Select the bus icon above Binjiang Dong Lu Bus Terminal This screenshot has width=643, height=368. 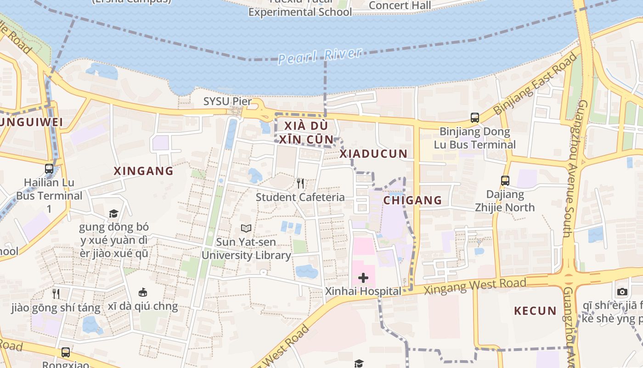coord(475,118)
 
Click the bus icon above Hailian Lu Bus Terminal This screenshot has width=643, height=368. coord(49,169)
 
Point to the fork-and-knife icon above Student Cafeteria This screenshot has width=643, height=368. coord(300,184)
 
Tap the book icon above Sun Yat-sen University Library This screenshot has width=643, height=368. coord(246,228)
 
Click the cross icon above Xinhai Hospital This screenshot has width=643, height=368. coord(363,278)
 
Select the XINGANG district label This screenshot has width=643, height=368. coord(144,171)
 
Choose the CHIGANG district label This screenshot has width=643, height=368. coord(412,200)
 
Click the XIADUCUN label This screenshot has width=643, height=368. coord(373,154)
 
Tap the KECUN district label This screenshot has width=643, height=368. coord(535,311)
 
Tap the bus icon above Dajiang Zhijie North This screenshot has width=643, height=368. coord(505,181)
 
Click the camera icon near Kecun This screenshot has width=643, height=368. coord(622,292)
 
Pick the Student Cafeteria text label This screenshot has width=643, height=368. coord(300,197)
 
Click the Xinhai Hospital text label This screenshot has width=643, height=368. coord(363,291)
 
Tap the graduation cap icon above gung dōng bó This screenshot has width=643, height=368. coord(113,213)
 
